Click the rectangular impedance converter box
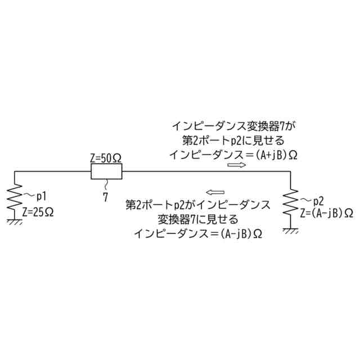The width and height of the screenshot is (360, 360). tap(106, 171)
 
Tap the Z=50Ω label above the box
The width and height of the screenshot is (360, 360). tap(106, 159)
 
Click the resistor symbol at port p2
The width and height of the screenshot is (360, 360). tap(290, 205)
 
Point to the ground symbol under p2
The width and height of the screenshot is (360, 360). tap(290, 231)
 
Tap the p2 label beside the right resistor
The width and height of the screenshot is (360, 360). tap(318, 201)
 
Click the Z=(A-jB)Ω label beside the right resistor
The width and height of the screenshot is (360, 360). tap(326, 213)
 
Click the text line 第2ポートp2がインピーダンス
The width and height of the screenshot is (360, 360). tap(197, 204)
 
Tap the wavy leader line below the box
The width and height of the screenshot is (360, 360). tap(105, 185)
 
